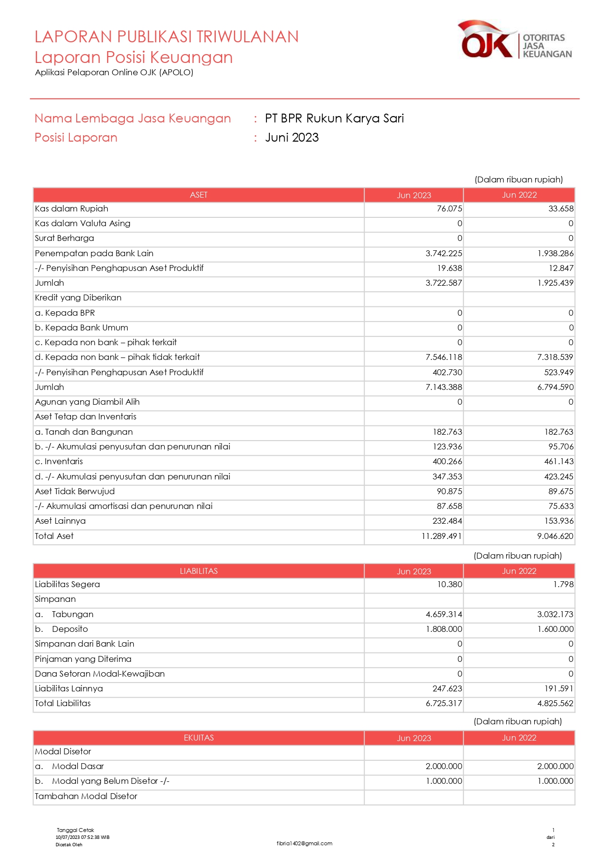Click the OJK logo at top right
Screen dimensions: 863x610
[515, 40]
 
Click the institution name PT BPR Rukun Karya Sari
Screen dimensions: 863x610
[334, 119]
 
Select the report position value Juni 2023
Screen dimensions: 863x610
[292, 138]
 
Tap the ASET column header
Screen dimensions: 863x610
[199, 195]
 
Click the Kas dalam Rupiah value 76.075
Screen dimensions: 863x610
[449, 209]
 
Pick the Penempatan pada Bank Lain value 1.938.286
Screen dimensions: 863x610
[555, 254]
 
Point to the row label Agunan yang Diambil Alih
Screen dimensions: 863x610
[87, 402]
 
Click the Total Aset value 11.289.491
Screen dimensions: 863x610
[441, 536]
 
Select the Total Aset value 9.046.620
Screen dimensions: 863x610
[555, 536]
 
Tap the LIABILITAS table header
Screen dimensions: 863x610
[199, 571]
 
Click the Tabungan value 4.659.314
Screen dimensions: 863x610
[443, 615]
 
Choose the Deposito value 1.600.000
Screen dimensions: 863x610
[555, 629]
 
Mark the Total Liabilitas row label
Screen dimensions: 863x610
[63, 704]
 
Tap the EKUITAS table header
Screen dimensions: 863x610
[199, 738]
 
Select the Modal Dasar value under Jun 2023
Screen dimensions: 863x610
[443, 767]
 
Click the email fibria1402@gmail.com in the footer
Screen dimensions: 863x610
[304, 844]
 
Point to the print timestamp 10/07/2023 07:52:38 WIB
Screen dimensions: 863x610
[83, 837]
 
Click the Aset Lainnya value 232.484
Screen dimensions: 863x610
[447, 521]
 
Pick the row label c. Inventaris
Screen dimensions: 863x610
[59, 462]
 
